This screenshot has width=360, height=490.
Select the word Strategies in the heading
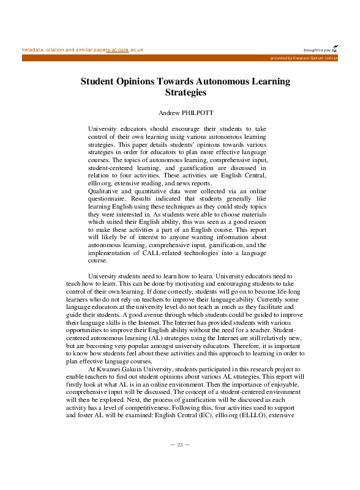[186, 93]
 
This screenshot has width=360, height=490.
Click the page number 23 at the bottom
[180, 445]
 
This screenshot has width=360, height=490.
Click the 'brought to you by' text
[319, 50]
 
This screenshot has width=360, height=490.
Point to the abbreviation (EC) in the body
[256, 407]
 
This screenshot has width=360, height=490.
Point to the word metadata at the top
[34, 49]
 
